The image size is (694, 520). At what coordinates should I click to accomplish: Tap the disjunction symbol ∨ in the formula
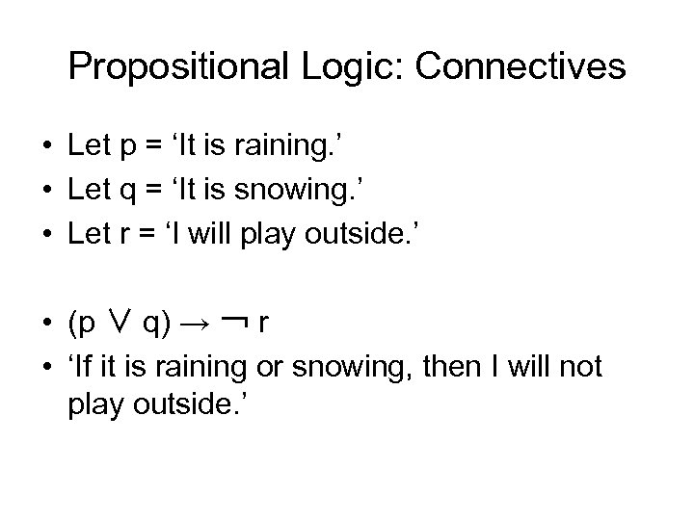119,324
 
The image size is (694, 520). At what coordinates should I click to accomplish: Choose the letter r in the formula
262,325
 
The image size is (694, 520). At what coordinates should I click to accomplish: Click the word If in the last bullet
85,366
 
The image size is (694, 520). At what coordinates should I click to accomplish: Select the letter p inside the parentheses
89,325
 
